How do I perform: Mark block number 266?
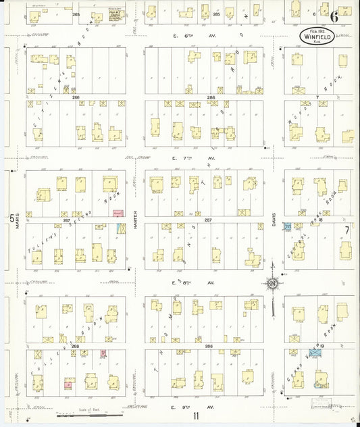pos(75,97)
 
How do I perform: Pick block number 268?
pos(74,346)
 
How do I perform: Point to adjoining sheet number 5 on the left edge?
pos(10,218)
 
